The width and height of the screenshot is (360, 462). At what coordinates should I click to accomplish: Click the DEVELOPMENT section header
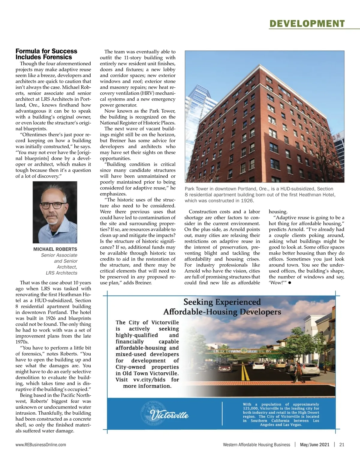[x=307, y=23]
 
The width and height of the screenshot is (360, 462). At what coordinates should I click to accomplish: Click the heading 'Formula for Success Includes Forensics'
[x=46, y=54]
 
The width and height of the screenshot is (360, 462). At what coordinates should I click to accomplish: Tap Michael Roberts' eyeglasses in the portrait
[x=53, y=205]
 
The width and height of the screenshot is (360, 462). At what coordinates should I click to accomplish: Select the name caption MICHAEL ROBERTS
[x=55, y=249]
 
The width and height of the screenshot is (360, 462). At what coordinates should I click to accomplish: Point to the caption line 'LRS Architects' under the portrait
[x=61, y=273]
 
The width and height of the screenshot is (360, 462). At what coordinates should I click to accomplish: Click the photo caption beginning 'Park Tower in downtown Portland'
[x=260, y=195]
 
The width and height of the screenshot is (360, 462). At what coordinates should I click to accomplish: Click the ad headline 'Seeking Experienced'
[x=222, y=302]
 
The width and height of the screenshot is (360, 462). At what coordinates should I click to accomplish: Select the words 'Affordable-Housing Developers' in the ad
[x=222, y=312]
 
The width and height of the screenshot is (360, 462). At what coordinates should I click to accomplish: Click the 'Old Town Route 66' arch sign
[x=242, y=351]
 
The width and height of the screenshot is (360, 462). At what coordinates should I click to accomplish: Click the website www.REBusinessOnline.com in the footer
[x=41, y=445]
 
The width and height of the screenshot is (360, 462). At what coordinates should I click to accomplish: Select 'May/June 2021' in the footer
[x=314, y=445]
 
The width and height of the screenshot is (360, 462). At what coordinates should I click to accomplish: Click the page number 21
[x=342, y=445]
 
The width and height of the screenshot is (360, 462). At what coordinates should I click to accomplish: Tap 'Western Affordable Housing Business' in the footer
[x=256, y=445]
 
